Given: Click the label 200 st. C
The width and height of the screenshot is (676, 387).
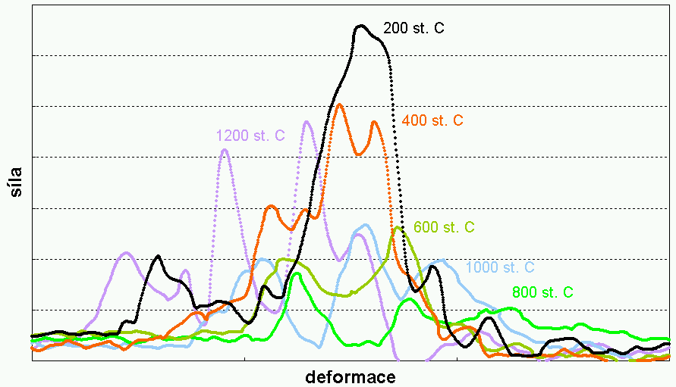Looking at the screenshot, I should [413, 29].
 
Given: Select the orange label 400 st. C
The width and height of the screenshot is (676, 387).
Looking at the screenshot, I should [432, 120].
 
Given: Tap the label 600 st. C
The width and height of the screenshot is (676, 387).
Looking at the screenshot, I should [445, 227].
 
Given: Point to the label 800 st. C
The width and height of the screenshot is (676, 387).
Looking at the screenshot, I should [542, 292].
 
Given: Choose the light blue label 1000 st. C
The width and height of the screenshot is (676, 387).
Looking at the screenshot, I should [500, 267].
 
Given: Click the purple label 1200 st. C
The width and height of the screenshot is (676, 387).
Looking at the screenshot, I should [250, 136].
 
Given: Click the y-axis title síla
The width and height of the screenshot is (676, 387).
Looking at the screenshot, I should [16, 183].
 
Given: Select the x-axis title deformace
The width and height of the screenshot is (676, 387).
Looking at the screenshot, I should [351, 376].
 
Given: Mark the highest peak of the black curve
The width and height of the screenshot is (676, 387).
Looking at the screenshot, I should [362, 26].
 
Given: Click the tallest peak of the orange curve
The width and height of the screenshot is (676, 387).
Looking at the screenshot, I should [338, 104].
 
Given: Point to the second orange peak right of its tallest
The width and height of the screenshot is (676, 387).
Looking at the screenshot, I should [374, 121].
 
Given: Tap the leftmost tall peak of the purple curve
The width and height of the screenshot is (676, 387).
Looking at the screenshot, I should [225, 150].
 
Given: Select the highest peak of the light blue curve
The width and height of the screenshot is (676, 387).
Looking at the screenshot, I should [366, 225].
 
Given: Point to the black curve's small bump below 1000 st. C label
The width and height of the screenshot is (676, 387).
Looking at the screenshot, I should [434, 265].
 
